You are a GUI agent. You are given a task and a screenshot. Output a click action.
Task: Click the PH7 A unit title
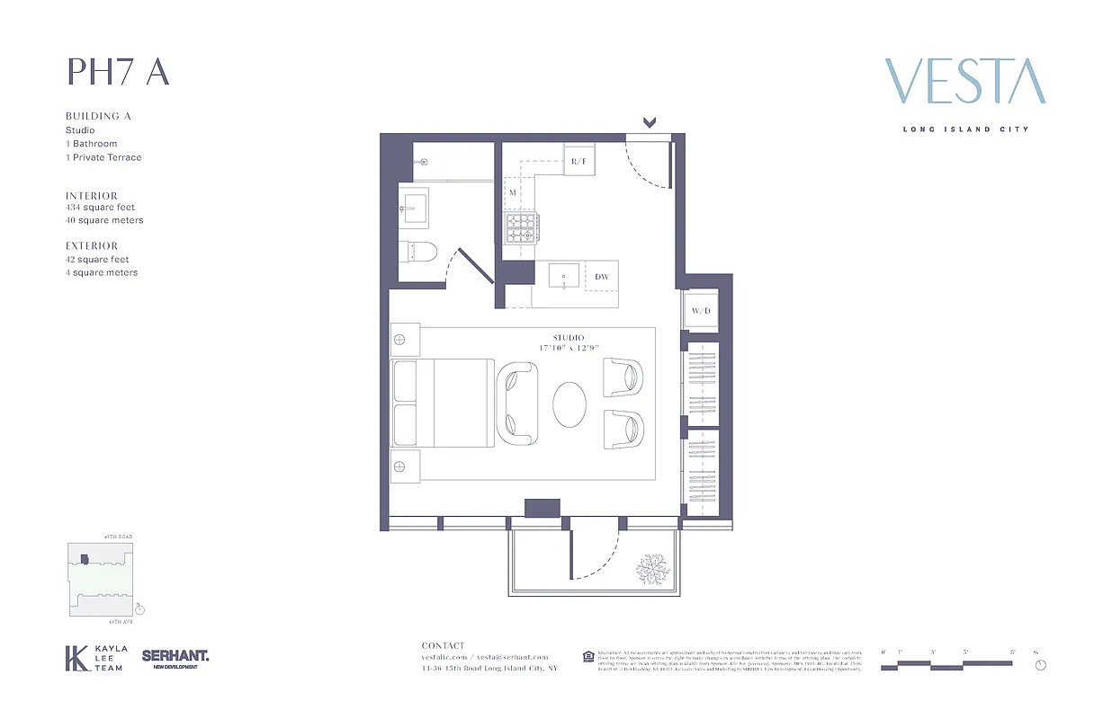[118, 72]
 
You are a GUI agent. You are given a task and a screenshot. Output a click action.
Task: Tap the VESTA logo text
[965, 82]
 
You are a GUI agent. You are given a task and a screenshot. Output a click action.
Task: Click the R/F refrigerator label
[578, 163]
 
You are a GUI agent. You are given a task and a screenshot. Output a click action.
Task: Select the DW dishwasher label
[601, 277]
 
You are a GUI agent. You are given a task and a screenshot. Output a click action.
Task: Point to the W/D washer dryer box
[701, 311]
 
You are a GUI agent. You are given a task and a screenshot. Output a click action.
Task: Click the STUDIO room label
[568, 338]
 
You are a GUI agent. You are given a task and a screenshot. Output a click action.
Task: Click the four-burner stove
[519, 228]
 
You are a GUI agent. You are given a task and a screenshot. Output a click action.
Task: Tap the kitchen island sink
[564, 276]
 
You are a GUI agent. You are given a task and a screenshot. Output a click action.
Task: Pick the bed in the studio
[443, 403]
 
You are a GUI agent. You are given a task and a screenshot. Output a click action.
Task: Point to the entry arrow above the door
[649, 122]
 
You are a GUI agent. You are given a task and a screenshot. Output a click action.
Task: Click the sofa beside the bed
[516, 403]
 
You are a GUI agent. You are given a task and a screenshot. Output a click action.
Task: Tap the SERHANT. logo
[175, 658]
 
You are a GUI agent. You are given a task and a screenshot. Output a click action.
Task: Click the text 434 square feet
[100, 208]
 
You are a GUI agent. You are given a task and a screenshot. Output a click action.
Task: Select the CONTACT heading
[444, 645]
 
